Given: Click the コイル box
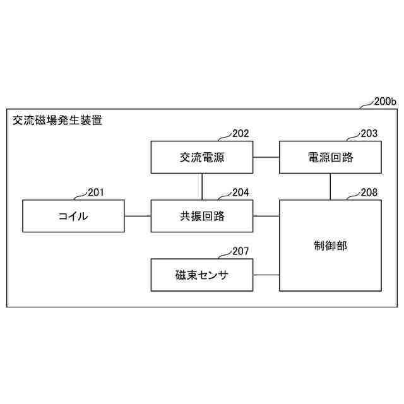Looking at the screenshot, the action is [x=73, y=216].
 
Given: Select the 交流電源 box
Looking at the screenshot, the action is [x=202, y=157].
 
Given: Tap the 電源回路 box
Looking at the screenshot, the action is [x=330, y=157].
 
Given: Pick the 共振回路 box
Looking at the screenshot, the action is [x=202, y=216].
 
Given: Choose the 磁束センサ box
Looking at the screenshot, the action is [x=202, y=275].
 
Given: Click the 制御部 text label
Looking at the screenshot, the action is [x=330, y=246].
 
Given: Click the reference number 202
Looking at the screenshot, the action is [x=241, y=134].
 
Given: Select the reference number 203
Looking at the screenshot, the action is [x=369, y=134].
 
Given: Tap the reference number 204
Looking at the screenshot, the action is [x=241, y=193].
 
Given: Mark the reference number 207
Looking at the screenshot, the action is [x=241, y=251].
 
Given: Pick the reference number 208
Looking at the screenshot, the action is [x=369, y=193].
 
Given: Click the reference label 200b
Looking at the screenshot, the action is [x=385, y=101].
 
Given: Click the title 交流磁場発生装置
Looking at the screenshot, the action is [x=57, y=120].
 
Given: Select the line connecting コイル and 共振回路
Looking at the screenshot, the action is [x=138, y=216].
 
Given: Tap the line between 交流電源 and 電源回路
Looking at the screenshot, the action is [x=266, y=157].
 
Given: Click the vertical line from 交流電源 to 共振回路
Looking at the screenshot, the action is [x=202, y=186].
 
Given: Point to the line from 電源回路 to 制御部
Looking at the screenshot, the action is [x=330, y=186].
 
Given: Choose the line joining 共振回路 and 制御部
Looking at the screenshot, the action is [x=266, y=216].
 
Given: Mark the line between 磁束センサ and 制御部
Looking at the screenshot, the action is [x=266, y=275].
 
